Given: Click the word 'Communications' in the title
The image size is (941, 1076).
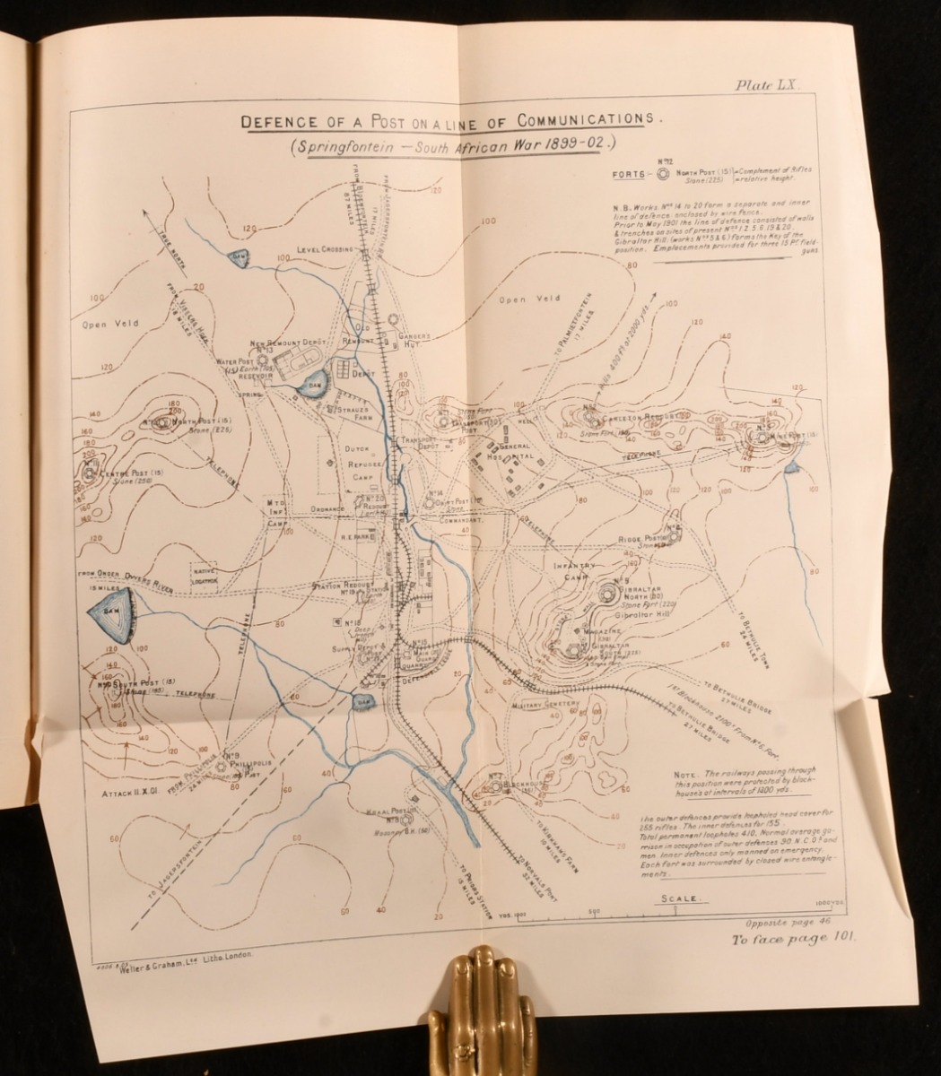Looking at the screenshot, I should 586,117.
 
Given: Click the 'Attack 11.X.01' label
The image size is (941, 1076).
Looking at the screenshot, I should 130,793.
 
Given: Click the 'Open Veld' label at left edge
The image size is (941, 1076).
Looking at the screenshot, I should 109,323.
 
